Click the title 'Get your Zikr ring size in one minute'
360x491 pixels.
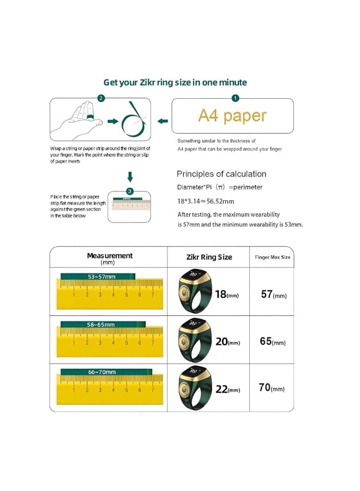[175, 82]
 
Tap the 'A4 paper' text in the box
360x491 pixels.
[232, 116]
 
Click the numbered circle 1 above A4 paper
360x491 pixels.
[235, 98]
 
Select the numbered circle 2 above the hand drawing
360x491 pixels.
[101, 98]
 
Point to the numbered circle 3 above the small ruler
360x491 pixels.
[129, 191]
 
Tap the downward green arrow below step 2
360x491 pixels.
[130, 177]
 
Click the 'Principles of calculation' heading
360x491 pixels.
[221, 174]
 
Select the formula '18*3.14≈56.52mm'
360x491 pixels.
[206, 201]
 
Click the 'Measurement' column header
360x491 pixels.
[109, 258]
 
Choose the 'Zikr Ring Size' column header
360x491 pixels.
[209, 257]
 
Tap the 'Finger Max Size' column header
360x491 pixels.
[272, 257]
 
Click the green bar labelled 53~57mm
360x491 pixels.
[98, 277]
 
